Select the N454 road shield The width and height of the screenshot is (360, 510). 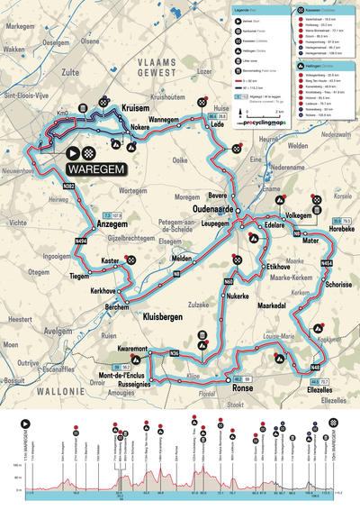(326, 262)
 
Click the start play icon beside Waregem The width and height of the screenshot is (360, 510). (71, 154)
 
